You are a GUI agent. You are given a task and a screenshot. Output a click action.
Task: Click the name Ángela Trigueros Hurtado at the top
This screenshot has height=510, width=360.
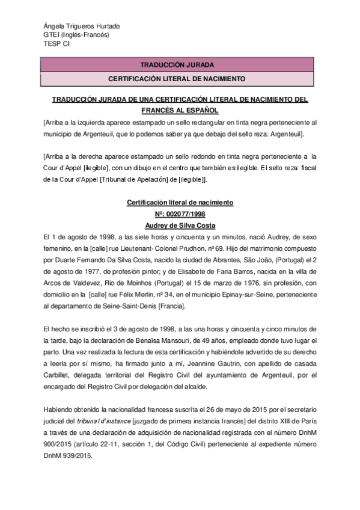click(81, 26)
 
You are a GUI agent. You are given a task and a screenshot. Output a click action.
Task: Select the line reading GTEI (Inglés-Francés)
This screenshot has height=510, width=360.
click(76, 35)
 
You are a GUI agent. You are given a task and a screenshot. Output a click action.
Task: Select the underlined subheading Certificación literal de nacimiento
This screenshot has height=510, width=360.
click(180, 203)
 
